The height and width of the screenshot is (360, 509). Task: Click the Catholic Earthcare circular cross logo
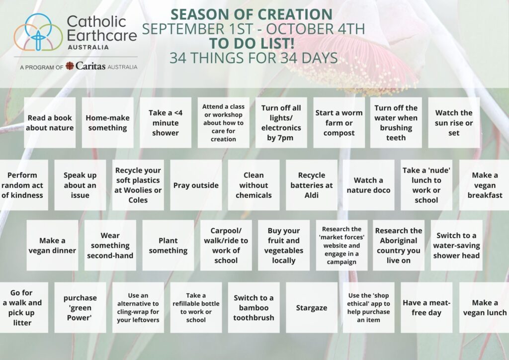(38, 32)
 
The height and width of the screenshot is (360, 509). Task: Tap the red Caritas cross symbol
(70, 66)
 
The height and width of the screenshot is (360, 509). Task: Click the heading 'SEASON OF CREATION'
(252, 14)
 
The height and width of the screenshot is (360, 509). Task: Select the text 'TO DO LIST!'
(252, 43)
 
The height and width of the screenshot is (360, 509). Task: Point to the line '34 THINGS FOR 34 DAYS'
(254, 58)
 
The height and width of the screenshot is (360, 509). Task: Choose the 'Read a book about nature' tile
(50, 123)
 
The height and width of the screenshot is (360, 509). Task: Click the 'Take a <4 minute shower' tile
(166, 123)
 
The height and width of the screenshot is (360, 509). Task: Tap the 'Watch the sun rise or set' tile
(454, 123)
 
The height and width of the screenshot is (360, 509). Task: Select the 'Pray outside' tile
(196, 185)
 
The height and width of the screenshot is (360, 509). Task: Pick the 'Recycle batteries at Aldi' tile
(312, 185)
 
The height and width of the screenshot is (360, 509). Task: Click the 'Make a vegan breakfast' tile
(484, 185)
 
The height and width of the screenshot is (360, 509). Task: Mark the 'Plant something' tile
(168, 246)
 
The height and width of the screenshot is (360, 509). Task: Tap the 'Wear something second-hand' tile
(110, 246)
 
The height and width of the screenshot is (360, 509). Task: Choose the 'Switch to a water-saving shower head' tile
(456, 246)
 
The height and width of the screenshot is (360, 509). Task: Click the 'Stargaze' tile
(312, 307)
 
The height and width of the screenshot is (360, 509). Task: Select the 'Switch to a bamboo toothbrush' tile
(254, 307)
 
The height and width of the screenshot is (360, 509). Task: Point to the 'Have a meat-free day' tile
(426, 307)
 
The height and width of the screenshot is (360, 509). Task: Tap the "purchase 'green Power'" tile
(80, 307)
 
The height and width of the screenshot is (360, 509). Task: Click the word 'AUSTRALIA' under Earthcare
(88, 47)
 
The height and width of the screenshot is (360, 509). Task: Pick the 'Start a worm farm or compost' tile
(339, 123)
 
